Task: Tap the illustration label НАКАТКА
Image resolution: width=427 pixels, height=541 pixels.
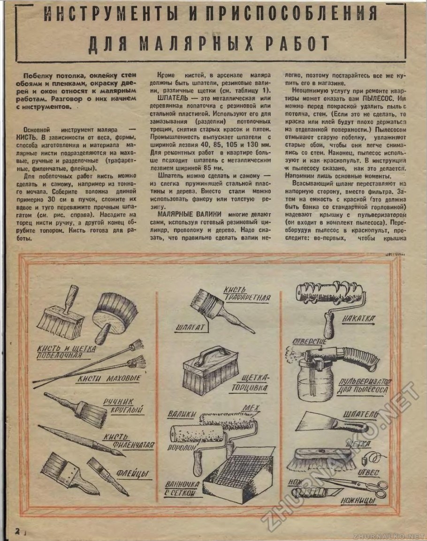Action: click(358, 319)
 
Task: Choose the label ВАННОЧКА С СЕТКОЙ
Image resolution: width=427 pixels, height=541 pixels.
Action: click(182, 488)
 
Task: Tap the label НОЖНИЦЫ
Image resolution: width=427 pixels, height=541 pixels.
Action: click(358, 502)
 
